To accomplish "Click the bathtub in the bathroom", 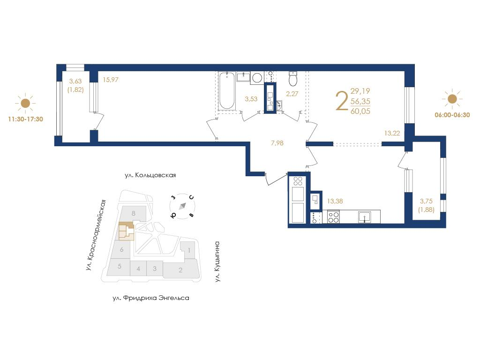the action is click(x=227, y=90).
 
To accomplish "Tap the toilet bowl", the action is click(x=293, y=78).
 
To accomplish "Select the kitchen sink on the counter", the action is click(x=365, y=217).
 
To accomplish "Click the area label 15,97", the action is click(x=111, y=80).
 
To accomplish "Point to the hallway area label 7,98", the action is click(x=277, y=143).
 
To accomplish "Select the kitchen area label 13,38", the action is click(x=335, y=201).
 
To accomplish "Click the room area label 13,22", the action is click(x=392, y=133).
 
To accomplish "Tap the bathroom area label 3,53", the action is click(x=251, y=99).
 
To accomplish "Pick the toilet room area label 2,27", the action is click(x=292, y=94).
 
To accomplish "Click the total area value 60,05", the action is click(x=360, y=111).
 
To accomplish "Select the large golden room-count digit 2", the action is click(x=342, y=101).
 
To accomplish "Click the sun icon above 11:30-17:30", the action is click(x=25, y=103).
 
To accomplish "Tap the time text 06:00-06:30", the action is click(x=452, y=115).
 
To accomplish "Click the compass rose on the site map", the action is click(x=182, y=206).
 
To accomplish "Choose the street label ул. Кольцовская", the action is click(x=150, y=175).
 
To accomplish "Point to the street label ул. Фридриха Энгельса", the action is click(x=151, y=298).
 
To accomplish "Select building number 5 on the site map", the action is click(x=120, y=266).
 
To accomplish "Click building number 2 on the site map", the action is click(x=180, y=270).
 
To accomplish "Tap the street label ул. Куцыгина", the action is click(x=217, y=262).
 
